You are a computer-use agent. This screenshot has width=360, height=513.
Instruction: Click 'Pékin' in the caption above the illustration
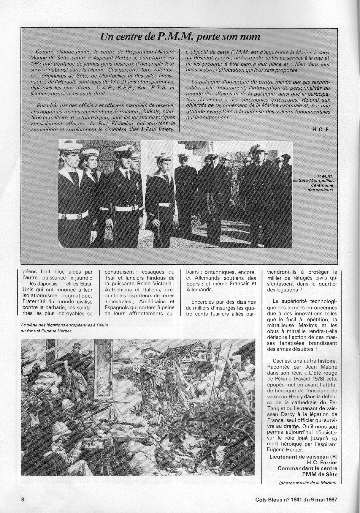[99, 325]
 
